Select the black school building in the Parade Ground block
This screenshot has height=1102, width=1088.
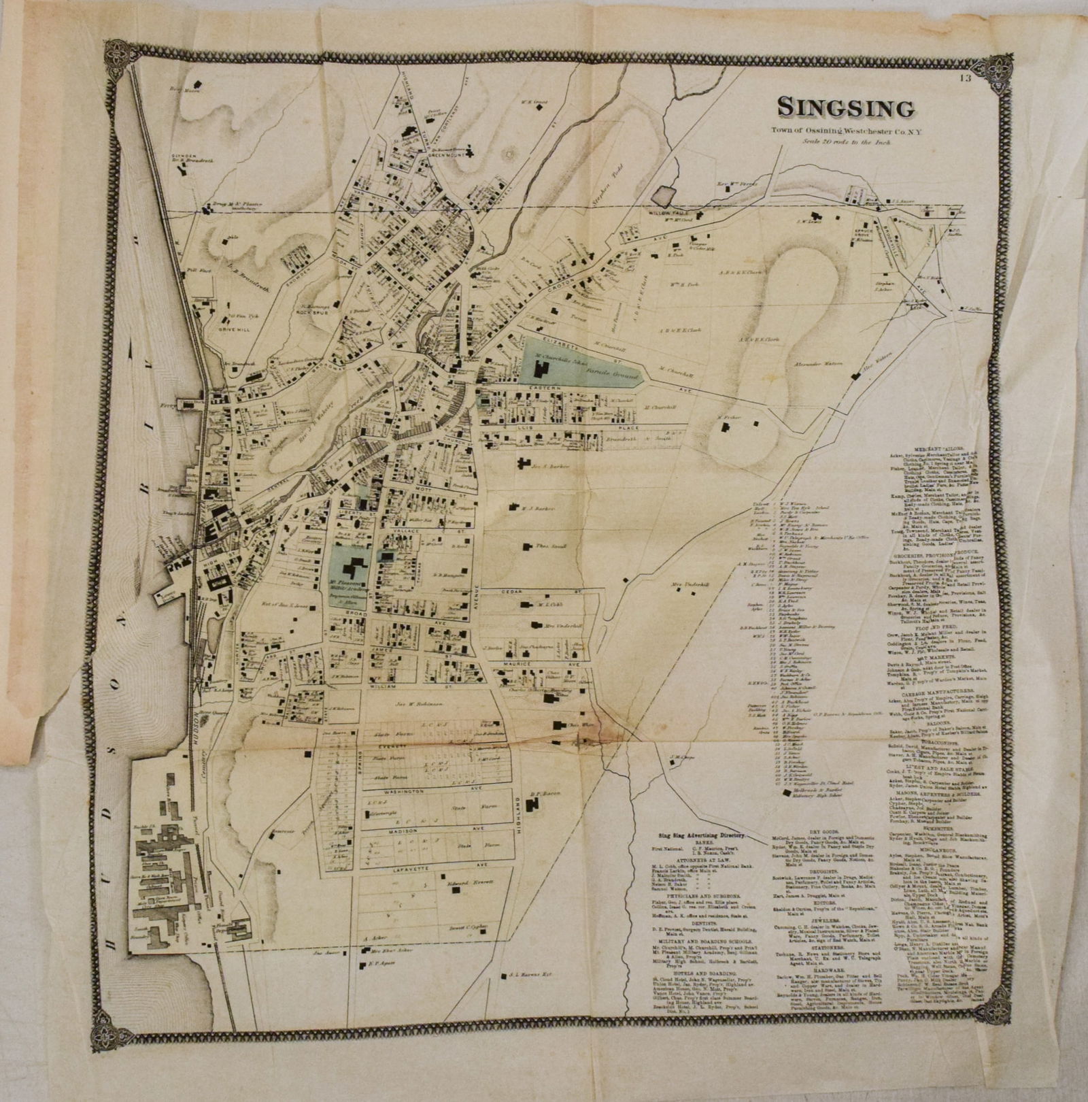point(543,371)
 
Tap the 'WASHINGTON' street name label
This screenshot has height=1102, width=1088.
point(405,793)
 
